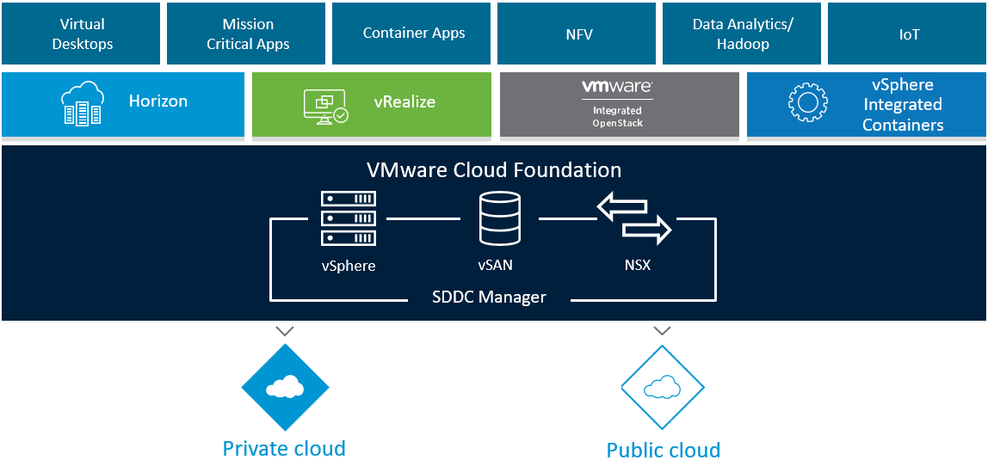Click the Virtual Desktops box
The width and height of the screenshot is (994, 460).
click(82, 34)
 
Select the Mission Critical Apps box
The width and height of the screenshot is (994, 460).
click(248, 34)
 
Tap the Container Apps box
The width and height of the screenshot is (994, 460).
click(413, 34)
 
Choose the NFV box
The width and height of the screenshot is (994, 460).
click(578, 34)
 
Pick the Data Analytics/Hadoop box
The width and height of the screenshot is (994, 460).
click(743, 34)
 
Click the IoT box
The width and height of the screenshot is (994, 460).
click(908, 34)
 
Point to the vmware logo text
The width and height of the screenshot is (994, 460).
click(616, 87)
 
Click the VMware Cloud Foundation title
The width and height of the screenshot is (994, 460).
click(494, 169)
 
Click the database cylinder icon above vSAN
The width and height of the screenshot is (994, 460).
click(499, 218)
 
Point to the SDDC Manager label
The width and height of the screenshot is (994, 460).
click(489, 297)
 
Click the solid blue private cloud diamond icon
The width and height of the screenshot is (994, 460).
click(284, 388)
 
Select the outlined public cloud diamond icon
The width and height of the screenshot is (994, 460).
click(662, 388)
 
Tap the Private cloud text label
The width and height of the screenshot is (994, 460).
click(284, 448)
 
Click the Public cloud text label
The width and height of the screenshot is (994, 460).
click(663, 450)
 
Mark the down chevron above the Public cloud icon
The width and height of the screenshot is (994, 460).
click(662, 330)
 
